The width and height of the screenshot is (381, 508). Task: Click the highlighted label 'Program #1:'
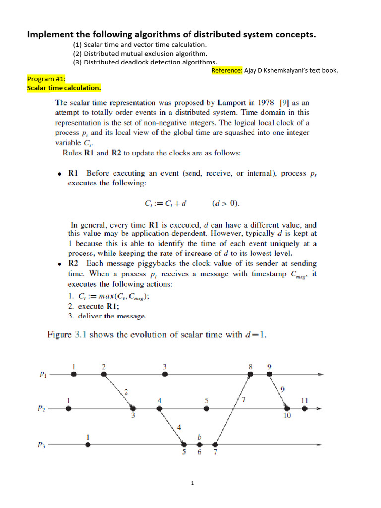tap(46, 79)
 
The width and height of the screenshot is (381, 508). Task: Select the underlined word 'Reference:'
tap(227, 70)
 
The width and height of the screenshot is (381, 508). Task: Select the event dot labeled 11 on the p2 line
tap(305, 408)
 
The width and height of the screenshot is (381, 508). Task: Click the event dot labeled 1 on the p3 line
tap(88, 445)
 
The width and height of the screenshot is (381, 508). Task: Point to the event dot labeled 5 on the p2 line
tap(207, 408)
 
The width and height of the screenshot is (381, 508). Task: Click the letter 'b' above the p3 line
tap(200, 437)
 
